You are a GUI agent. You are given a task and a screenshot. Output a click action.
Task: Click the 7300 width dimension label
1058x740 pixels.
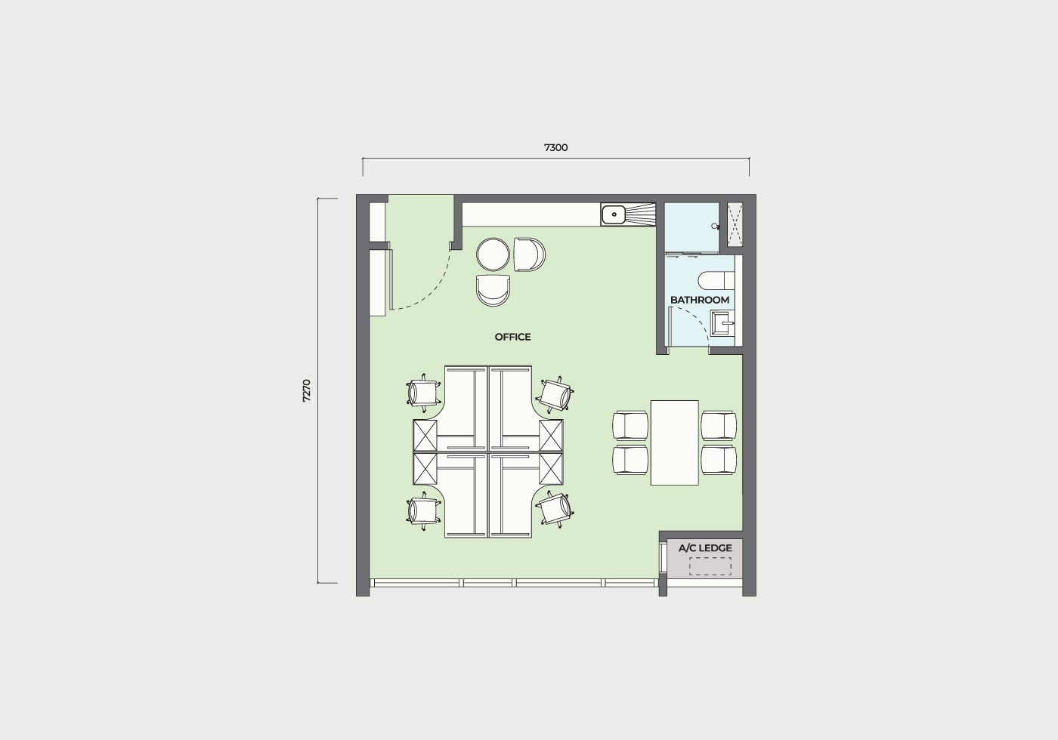556,148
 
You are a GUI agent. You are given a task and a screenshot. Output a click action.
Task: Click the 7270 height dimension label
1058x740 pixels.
307,391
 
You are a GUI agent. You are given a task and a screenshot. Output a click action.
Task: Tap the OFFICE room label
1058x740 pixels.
512,337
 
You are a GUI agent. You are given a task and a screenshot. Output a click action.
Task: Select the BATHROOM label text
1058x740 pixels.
700,301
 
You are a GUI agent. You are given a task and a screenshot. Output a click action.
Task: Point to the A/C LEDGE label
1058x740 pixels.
705,548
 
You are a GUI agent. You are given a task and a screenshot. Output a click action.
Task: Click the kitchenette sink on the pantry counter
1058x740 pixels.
614,214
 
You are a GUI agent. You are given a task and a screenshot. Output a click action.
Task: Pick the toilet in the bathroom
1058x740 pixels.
716,280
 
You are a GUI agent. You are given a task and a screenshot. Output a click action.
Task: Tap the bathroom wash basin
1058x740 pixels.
722,323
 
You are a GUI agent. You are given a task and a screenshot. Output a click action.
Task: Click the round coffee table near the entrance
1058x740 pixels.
493,254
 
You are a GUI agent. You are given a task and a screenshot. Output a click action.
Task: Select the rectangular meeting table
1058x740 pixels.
674,442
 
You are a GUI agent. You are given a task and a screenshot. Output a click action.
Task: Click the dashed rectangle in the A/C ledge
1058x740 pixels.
710,566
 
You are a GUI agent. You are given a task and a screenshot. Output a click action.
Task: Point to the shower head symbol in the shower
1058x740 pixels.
715,227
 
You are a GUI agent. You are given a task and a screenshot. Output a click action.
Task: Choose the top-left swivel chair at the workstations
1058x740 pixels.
424,393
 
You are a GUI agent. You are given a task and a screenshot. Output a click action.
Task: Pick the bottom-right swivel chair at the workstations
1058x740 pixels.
555,510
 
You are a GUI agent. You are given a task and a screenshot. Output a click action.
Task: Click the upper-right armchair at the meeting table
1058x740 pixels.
719,425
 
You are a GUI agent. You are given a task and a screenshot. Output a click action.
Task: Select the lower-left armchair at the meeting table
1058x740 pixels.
630,460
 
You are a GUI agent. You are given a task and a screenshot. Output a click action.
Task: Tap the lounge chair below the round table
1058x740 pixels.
493,291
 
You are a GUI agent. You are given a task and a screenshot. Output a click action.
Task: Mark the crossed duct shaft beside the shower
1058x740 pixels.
735,225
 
